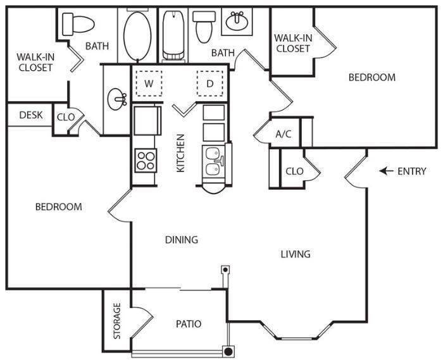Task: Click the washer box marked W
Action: pyautogui.click(x=149, y=83)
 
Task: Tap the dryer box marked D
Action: pyautogui.click(x=210, y=83)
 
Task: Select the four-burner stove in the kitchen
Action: pyautogui.click(x=145, y=159)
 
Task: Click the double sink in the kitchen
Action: pyautogui.click(x=213, y=161)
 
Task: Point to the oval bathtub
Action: pyautogui.click(x=134, y=35)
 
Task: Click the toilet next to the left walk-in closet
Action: pyautogui.click(x=78, y=24)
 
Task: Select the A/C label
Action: pyautogui.click(x=283, y=134)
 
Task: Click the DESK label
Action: pyautogui.click(x=30, y=115)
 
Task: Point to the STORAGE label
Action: pyautogui.click(x=116, y=321)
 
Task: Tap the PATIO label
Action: pyautogui.click(x=188, y=324)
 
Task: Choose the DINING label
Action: pyautogui.click(x=182, y=240)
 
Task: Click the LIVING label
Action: pyautogui.click(x=296, y=254)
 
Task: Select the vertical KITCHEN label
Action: pyautogui.click(x=180, y=152)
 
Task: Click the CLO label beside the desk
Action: pyautogui.click(x=66, y=117)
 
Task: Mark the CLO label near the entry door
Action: pyautogui.click(x=294, y=171)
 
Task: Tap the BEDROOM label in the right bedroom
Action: pyautogui.click(x=372, y=78)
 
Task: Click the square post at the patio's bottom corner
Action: pyautogui.click(x=228, y=351)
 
